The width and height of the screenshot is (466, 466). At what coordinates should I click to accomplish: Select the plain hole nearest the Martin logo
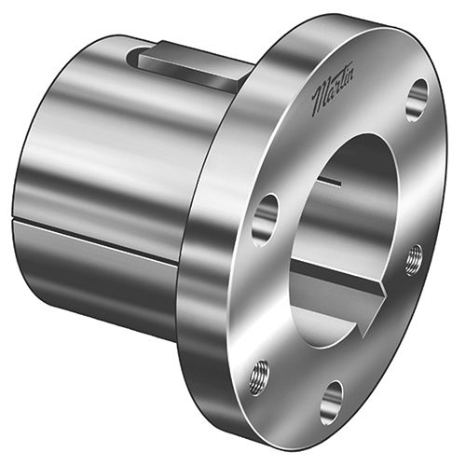pyautogui.click(x=417, y=99)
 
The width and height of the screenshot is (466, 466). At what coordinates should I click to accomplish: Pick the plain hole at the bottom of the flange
pyautogui.click(x=331, y=401)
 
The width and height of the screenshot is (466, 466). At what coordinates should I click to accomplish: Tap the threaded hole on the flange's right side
pyautogui.click(x=413, y=258)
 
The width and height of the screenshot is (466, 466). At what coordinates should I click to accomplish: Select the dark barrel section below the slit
pyautogui.click(x=93, y=280)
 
